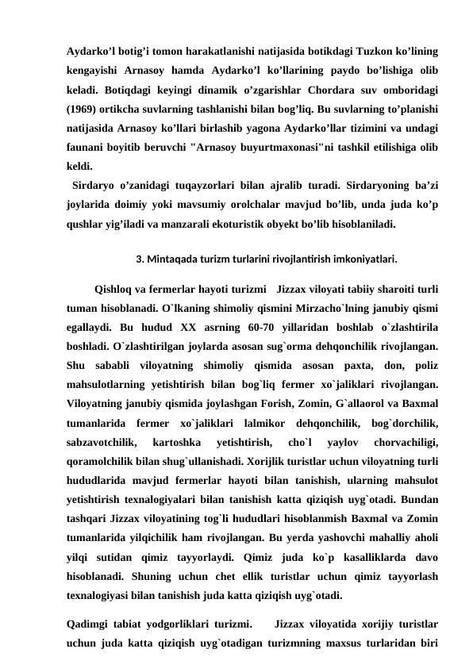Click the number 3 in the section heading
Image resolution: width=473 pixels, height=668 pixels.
[x=140, y=259]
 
